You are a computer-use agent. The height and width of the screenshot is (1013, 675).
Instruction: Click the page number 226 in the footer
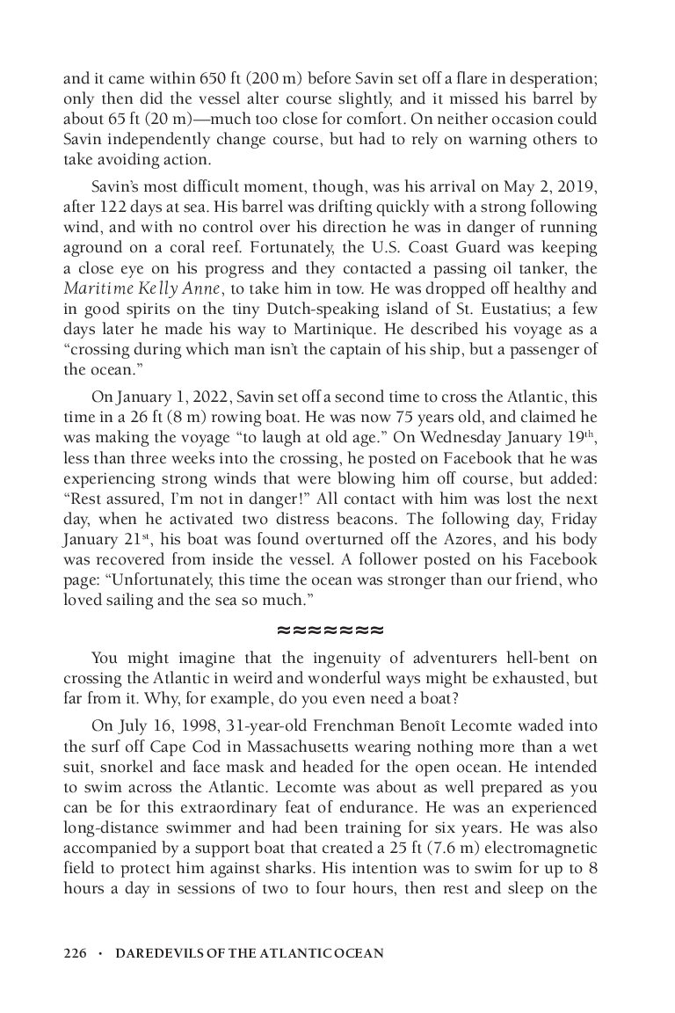75,952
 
